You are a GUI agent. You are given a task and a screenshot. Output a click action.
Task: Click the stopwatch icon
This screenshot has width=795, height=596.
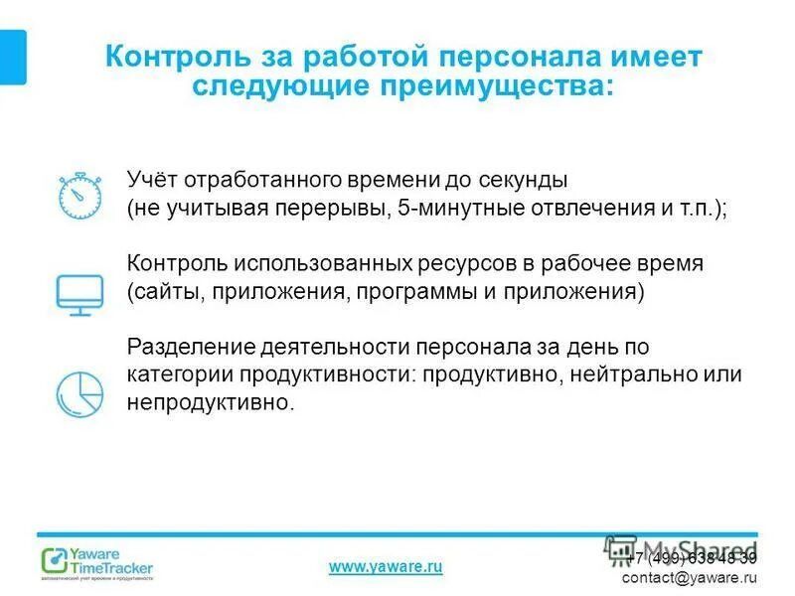point(77,195)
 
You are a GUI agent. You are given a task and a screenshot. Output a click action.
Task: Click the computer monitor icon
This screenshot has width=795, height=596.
point(77,293)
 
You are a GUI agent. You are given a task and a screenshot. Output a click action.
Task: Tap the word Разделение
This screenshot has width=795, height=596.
point(192,348)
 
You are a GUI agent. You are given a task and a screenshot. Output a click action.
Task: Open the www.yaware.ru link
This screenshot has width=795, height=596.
point(385,566)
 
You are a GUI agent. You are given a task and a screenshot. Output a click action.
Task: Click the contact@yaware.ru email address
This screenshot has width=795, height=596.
point(689,577)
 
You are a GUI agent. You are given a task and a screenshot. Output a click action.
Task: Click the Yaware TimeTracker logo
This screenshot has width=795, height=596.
point(97,562)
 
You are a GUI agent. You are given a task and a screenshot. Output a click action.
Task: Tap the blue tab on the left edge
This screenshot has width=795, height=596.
point(12,57)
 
